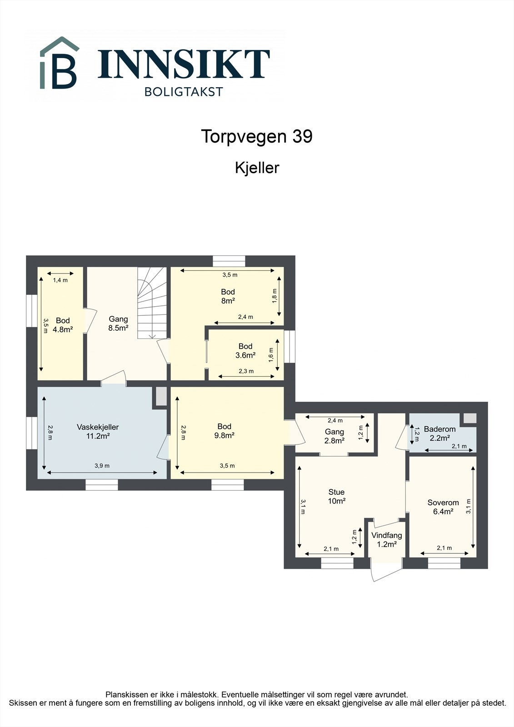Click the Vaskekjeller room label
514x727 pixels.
[x=97, y=427]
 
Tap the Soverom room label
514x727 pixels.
[x=443, y=503]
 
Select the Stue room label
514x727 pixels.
[x=336, y=492]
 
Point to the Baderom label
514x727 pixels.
[x=439, y=429]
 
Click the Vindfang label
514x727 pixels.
[x=386, y=535]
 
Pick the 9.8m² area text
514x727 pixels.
[x=225, y=435]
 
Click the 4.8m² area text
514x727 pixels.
[x=63, y=329]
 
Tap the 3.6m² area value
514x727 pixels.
[x=245, y=355]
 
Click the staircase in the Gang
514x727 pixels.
[x=152, y=303]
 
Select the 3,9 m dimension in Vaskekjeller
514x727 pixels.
[x=102, y=466]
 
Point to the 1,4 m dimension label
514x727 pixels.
[x=60, y=280]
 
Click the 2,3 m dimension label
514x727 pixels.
[x=246, y=371]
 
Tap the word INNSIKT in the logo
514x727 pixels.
[x=184, y=64]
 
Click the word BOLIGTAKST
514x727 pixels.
[x=184, y=92]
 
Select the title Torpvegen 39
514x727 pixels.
[x=257, y=136]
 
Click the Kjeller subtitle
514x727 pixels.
[x=257, y=168]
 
